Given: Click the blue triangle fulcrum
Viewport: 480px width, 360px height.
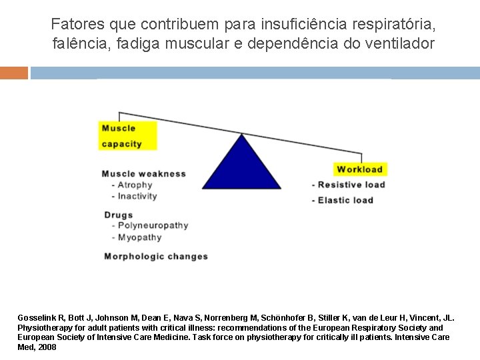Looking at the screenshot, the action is click(x=241, y=167).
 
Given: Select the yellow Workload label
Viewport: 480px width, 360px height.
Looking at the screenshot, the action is click(x=359, y=169).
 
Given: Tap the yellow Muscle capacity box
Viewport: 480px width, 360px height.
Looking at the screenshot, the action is click(x=128, y=136).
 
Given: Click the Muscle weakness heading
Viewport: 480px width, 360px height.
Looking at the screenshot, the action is click(x=143, y=174).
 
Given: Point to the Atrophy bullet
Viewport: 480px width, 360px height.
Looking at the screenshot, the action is click(x=134, y=185).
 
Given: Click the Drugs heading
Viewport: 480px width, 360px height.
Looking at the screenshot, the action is click(x=119, y=215).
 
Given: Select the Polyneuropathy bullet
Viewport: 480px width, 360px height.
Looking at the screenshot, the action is click(x=152, y=226).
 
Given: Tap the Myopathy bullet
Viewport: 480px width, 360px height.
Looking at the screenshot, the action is click(x=139, y=237).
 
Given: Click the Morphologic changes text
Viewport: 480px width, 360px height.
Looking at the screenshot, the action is click(x=156, y=257).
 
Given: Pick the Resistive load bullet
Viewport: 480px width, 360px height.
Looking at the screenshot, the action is click(x=350, y=185).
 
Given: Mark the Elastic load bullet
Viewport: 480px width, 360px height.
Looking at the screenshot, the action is click(x=344, y=200).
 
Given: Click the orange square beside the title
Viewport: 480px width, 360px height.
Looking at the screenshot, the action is click(x=14, y=73).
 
